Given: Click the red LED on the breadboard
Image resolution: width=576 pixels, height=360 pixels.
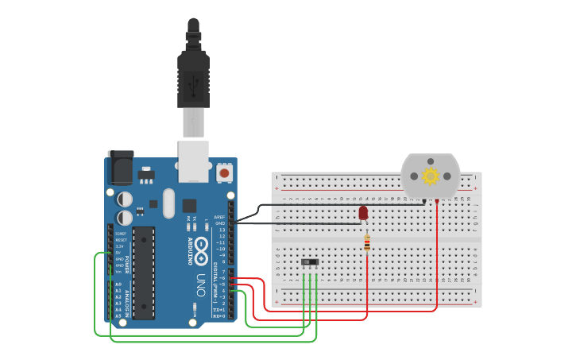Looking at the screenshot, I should coord(363,213).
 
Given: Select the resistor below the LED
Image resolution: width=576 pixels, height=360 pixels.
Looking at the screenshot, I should coord(366,242).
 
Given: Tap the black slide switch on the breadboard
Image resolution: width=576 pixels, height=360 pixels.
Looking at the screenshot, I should coord(310,262).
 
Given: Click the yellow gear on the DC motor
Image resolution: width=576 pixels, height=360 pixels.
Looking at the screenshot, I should coord(431,176).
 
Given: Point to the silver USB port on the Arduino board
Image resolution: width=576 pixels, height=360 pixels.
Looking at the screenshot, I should coord(193,161).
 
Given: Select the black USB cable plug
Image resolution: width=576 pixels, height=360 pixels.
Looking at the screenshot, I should coord(193,75).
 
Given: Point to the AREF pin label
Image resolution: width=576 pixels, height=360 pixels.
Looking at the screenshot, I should coord(220,217).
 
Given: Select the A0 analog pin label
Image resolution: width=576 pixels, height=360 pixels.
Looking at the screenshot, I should coord(118,284).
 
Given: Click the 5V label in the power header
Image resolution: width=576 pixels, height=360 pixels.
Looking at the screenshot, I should coord(120,253).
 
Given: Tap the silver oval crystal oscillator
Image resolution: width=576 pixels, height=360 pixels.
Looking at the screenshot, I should coord(168,203).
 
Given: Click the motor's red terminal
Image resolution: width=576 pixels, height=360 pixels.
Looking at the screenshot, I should coord(436,201).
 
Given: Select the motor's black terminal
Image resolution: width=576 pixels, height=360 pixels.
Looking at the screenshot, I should coord(424,201).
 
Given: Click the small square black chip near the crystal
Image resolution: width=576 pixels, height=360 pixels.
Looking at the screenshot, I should coord(189,205).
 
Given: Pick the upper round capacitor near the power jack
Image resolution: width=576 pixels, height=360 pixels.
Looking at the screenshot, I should coord(126,199).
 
